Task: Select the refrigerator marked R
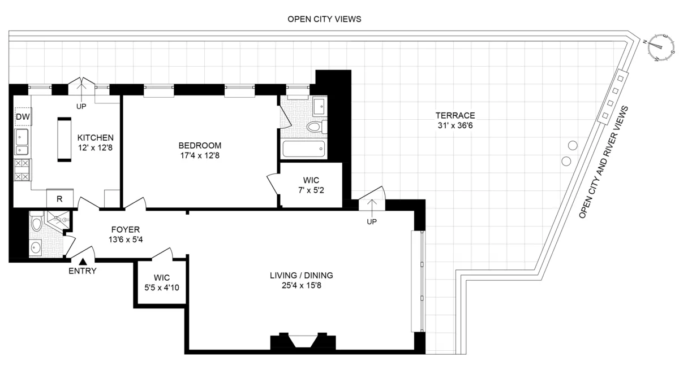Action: coord(59,198)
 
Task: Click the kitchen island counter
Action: coord(65,140)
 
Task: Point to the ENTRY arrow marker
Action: coord(83,261)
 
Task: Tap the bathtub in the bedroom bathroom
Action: coord(303,150)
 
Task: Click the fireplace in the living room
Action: coord(300,341)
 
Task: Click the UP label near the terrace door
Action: coord(372,221)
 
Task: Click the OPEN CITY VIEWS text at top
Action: coord(324,19)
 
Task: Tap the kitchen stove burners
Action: coord(23,170)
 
